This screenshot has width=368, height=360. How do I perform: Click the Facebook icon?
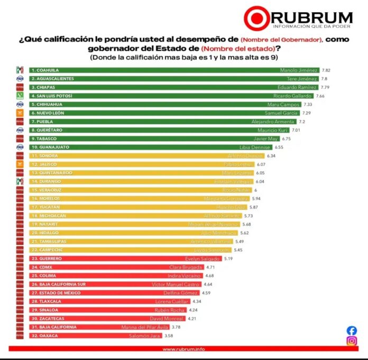pyautogui.click(x=352, y=330)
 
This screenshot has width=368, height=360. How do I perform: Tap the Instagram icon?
pyautogui.click(x=352, y=341)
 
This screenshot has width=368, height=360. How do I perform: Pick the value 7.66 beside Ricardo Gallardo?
pyautogui.click(x=320, y=96)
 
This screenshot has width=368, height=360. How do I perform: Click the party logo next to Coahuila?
pyautogui.click(x=20, y=70)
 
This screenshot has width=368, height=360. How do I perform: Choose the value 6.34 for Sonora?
pyautogui.click(x=272, y=156)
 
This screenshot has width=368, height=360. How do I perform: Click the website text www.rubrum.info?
pyautogui.click(x=183, y=348)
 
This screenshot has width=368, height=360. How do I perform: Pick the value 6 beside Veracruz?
pyautogui.click(x=255, y=190)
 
